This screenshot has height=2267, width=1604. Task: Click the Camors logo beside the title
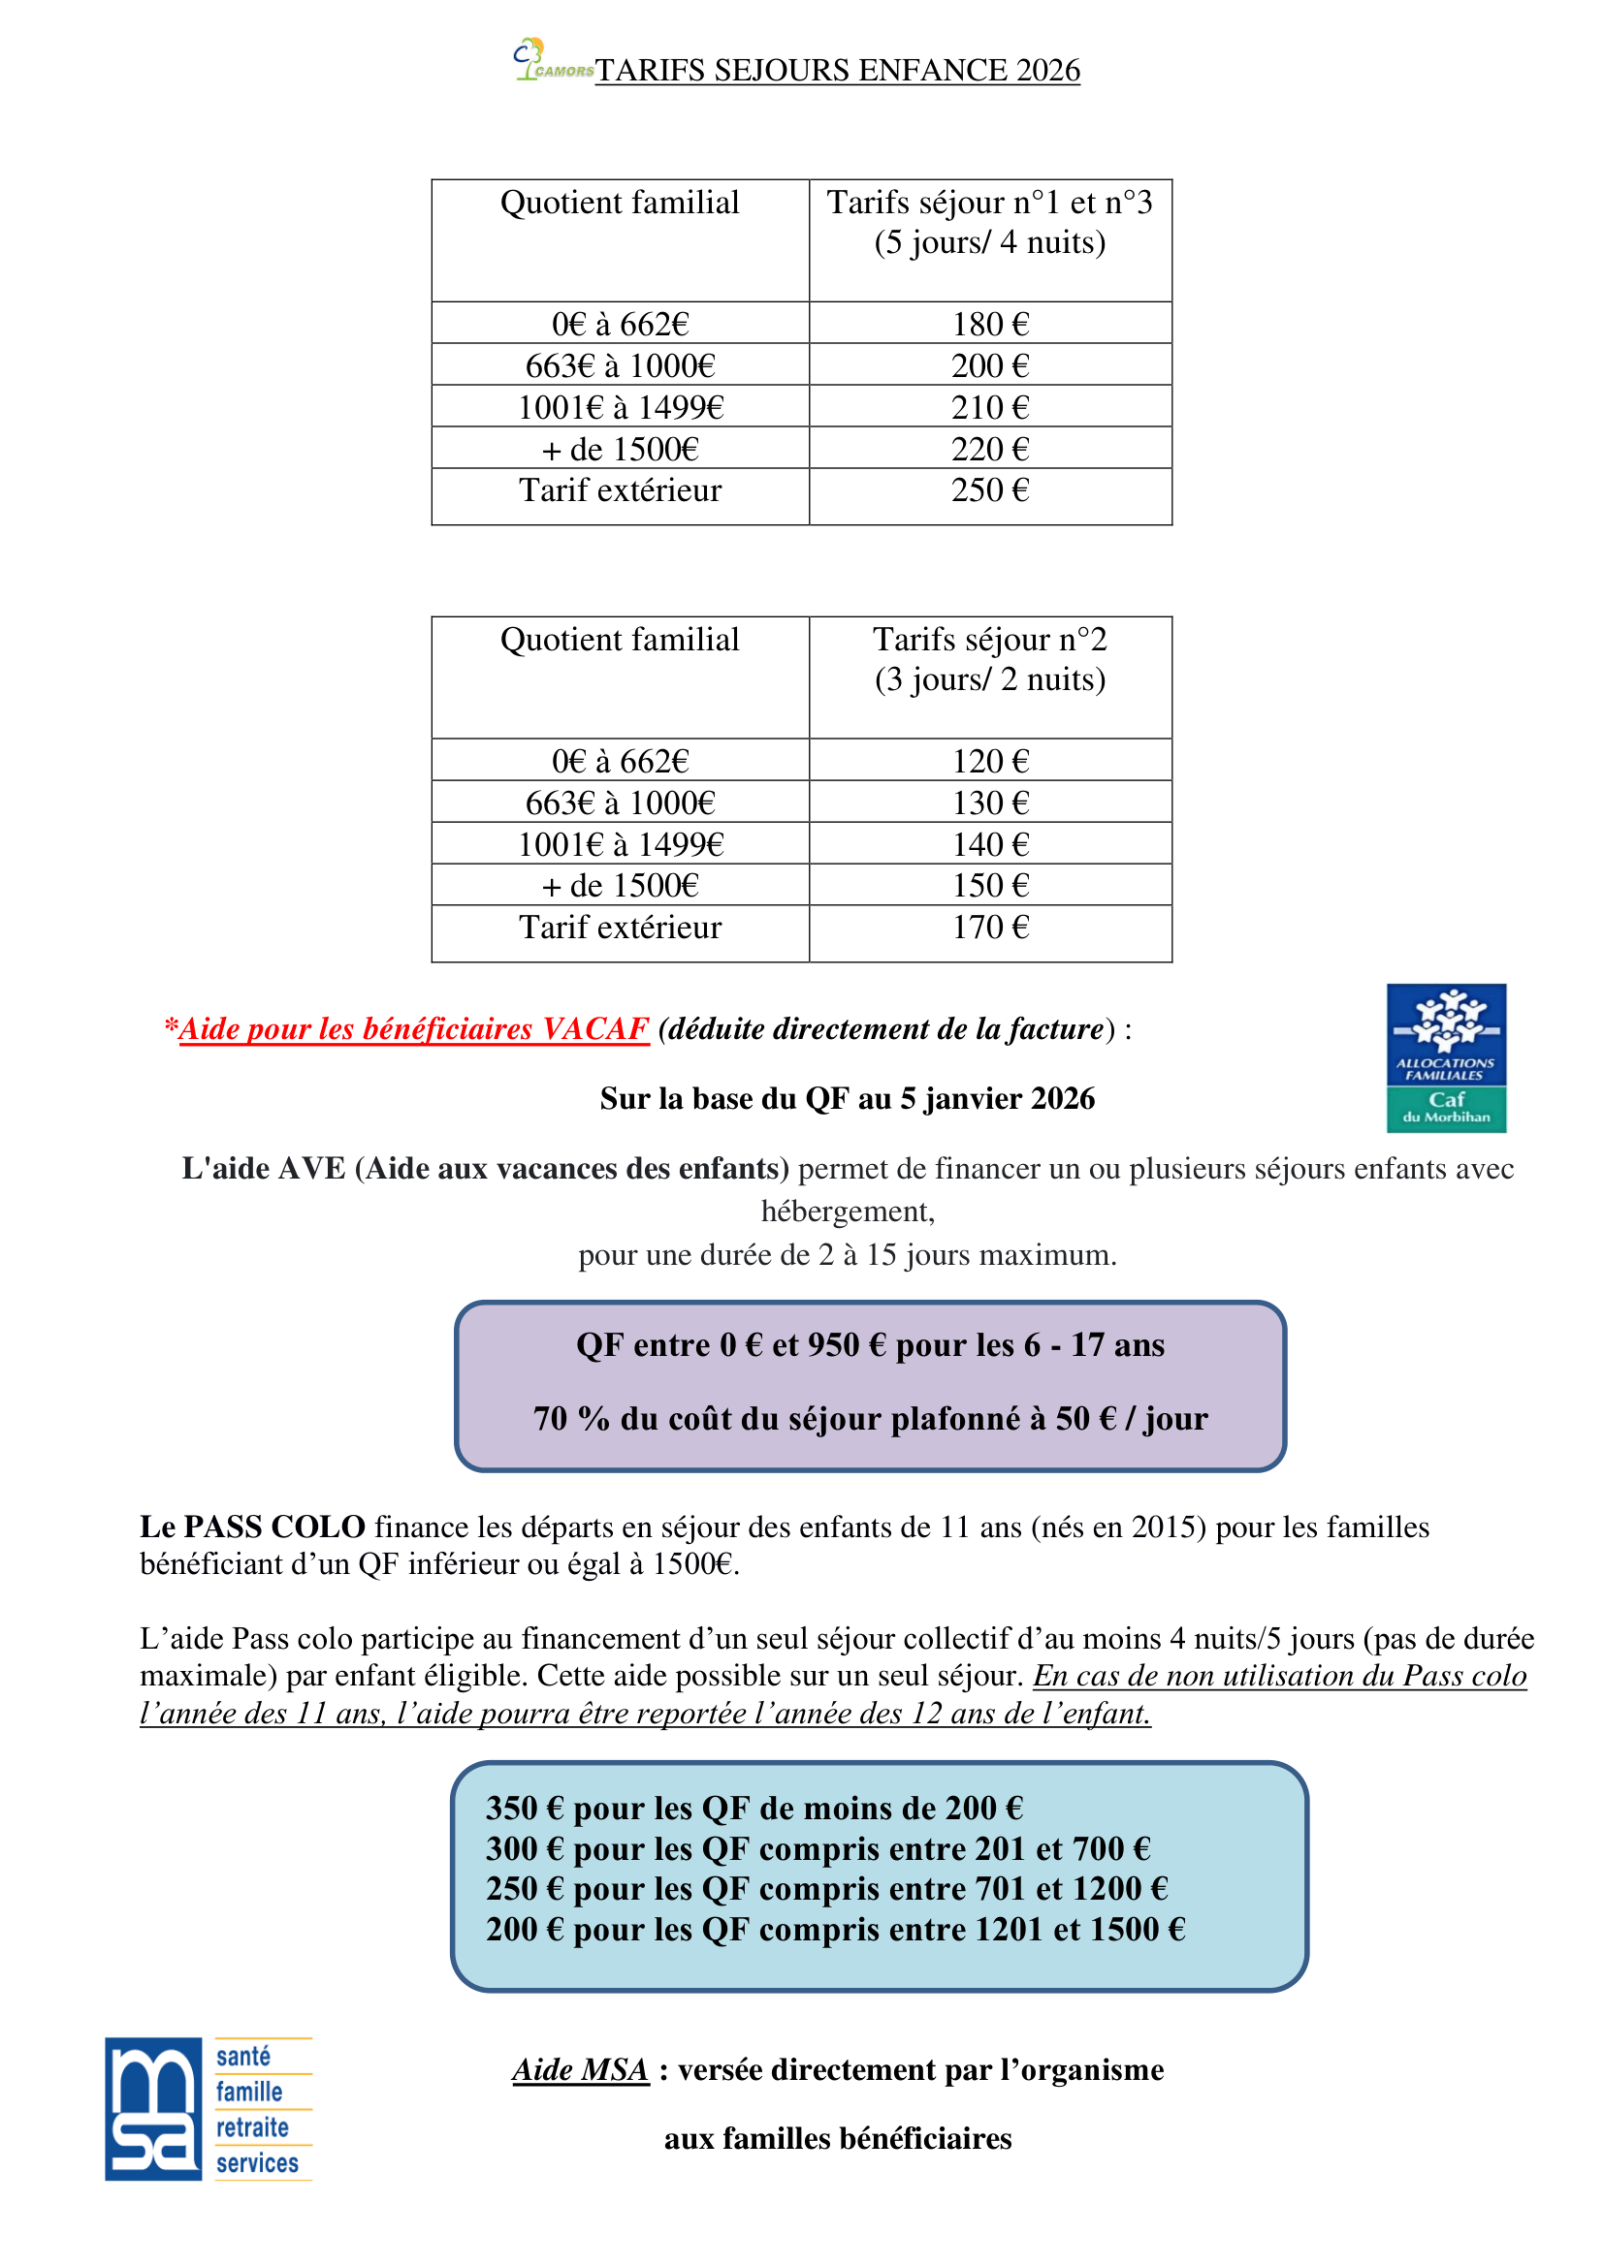pos(551,61)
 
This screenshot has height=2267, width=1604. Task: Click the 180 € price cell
pos(990,324)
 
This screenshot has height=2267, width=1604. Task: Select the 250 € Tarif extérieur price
pos(990,490)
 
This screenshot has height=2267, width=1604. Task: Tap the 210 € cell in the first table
pos(990,408)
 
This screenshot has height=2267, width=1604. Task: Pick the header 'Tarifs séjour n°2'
pos(990,640)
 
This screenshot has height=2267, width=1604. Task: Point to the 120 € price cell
pos(990,761)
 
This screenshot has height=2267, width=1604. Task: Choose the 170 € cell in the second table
pos(990,928)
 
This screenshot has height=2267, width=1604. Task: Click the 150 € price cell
pos(990,886)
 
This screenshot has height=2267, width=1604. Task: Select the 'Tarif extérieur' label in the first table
pos(621,490)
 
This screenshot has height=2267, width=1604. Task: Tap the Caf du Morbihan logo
pos(1446,1057)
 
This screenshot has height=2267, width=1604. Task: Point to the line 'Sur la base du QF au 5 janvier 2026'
pos(847,1099)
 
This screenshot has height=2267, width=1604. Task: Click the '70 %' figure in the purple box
pos(571,1419)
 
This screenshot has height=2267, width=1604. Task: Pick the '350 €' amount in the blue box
pos(525,1809)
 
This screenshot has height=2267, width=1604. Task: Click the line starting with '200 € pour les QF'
pos(835,1930)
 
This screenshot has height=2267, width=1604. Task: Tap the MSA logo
pos(154,2109)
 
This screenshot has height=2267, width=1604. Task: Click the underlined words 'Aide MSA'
pos(580,2069)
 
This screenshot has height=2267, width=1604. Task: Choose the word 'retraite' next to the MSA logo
pos(253,2127)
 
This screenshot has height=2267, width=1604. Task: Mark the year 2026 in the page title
pos(1047,70)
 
